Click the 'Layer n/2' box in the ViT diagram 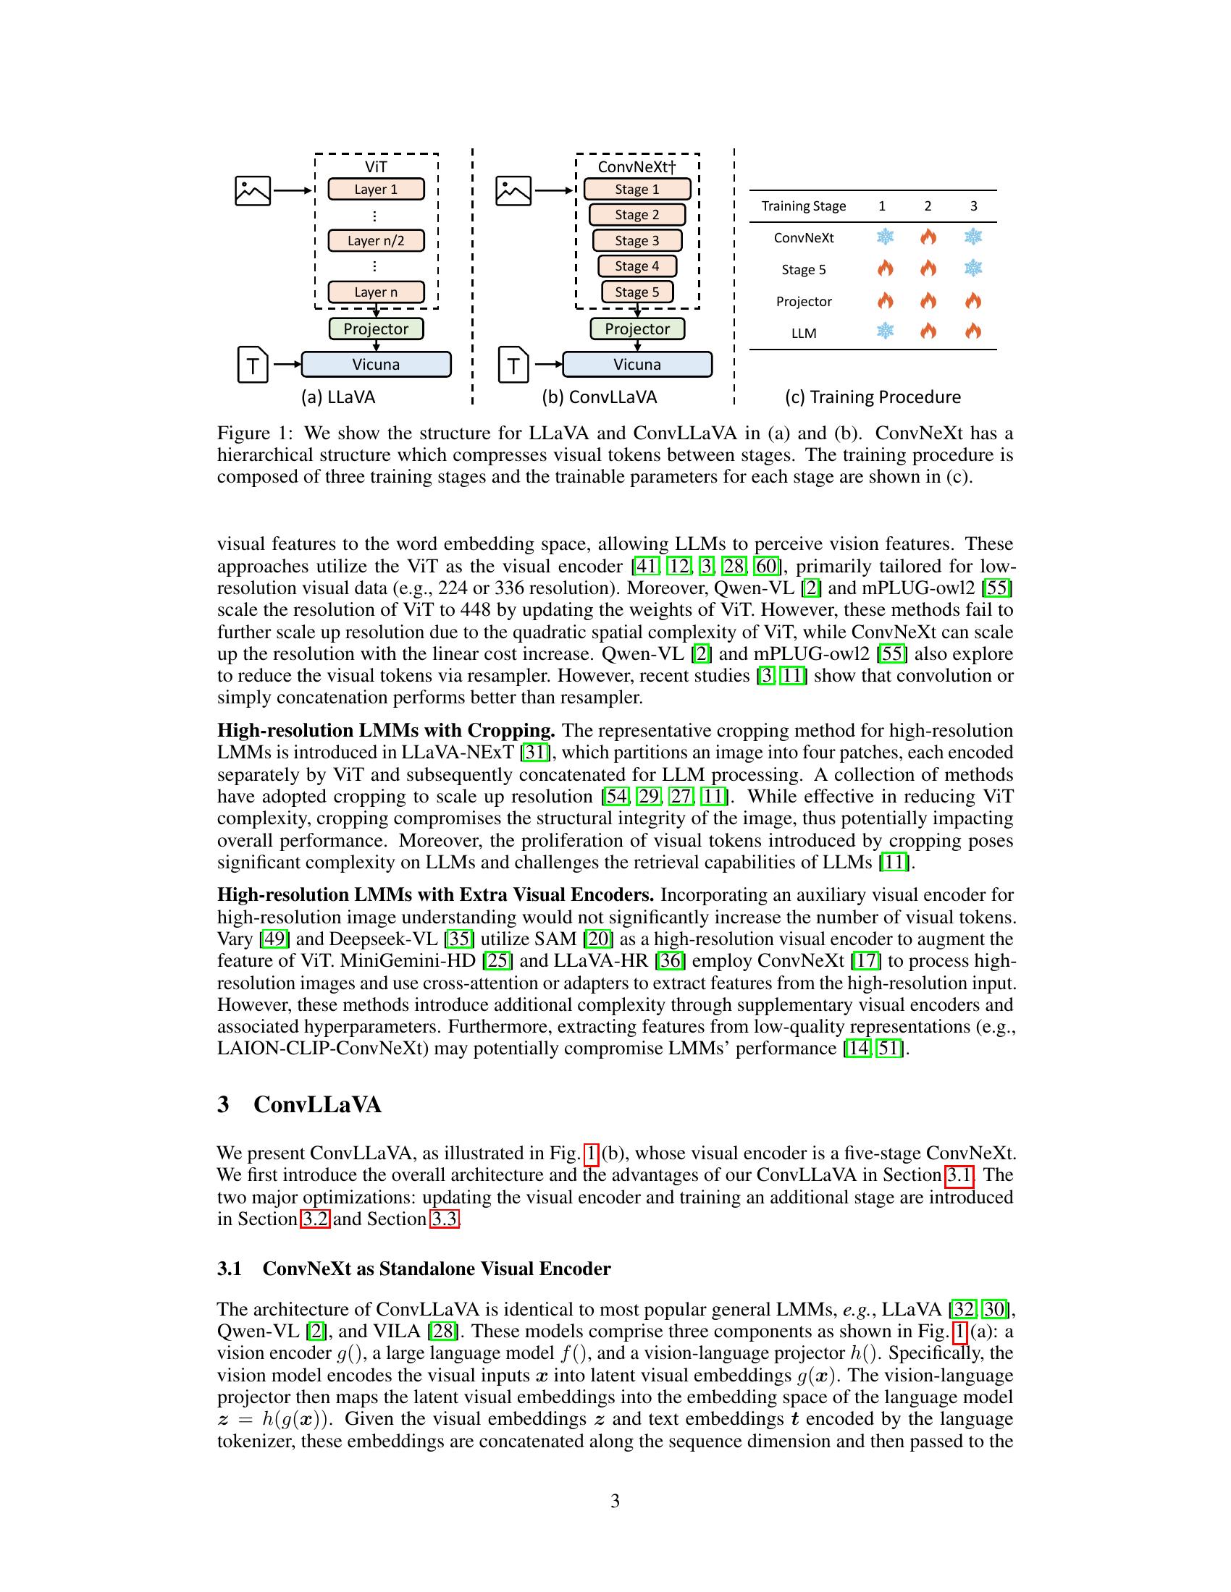tap(376, 240)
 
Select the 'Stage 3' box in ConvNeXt tap(636, 240)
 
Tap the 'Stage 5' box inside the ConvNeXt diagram tap(636, 292)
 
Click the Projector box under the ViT tap(376, 329)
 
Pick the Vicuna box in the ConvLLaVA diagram tap(636, 365)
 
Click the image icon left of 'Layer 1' tap(253, 191)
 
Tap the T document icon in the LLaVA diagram tap(253, 365)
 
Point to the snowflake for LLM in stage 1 tap(885, 331)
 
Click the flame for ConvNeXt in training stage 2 tap(928, 237)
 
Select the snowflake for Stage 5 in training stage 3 tap(972, 268)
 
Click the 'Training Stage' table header tap(804, 206)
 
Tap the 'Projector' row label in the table tap(804, 302)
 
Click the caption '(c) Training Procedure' tap(873, 397)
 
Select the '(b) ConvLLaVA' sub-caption tap(599, 397)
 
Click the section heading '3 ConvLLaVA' tap(299, 1104)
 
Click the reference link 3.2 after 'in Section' tap(314, 1219)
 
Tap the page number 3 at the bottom tap(615, 1501)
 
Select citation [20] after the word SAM tap(598, 939)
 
